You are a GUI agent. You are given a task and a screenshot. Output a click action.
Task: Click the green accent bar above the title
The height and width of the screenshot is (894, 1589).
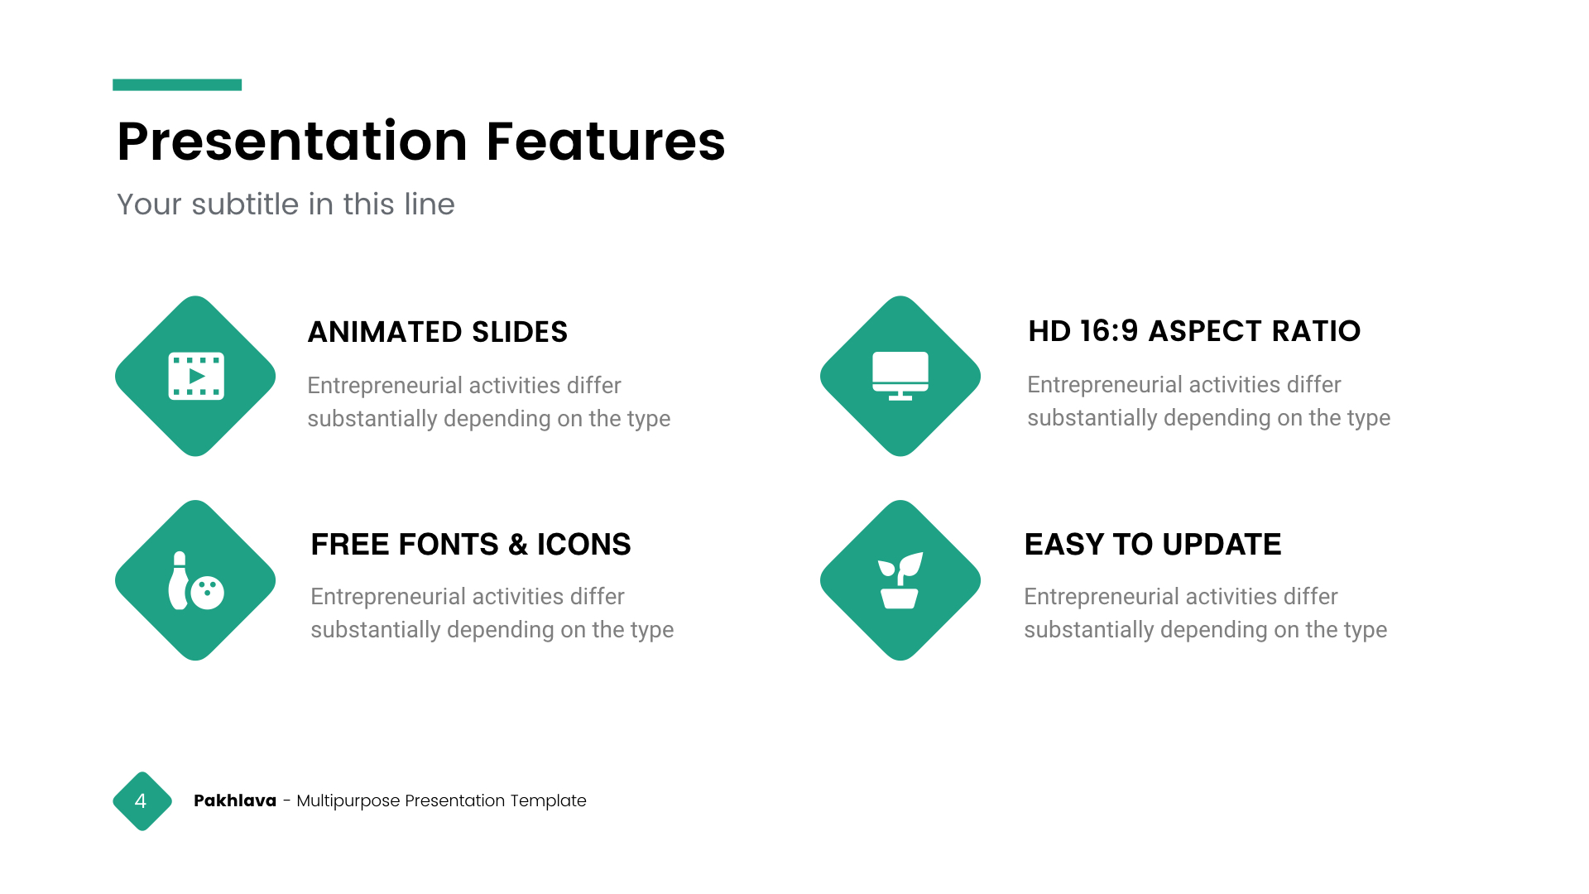click(177, 84)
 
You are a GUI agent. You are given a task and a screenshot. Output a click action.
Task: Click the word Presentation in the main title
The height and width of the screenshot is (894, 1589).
click(293, 142)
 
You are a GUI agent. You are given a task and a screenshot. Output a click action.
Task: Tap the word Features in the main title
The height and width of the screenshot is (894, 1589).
click(606, 141)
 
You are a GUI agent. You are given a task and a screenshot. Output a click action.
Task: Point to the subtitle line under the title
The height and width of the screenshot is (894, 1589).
click(286, 204)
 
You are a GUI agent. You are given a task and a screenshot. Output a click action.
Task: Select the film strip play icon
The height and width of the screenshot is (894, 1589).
click(196, 377)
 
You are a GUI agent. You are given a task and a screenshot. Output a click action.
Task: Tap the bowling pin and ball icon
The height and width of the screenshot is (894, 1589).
click(196, 580)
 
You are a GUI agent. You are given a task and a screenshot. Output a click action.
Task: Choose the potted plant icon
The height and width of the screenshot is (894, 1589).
click(900, 580)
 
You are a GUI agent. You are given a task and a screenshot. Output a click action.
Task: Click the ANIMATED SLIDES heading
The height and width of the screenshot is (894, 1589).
click(438, 332)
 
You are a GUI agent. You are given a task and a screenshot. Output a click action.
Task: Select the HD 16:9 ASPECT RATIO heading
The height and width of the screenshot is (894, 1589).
click(1194, 331)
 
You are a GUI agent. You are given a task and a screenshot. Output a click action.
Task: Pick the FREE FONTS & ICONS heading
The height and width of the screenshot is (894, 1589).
click(471, 545)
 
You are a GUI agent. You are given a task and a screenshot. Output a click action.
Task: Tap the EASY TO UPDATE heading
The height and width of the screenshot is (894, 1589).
click(1153, 545)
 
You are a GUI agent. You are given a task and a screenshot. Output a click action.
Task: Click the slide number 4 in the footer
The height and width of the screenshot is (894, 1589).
click(141, 801)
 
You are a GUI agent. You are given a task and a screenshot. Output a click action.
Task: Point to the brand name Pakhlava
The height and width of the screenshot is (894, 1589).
click(235, 800)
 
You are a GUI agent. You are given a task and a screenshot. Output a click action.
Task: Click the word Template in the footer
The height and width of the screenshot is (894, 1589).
click(548, 800)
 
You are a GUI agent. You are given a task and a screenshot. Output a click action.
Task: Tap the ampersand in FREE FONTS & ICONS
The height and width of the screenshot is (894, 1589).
click(518, 545)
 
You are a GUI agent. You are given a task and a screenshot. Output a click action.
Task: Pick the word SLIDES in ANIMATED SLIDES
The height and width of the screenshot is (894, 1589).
click(520, 332)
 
